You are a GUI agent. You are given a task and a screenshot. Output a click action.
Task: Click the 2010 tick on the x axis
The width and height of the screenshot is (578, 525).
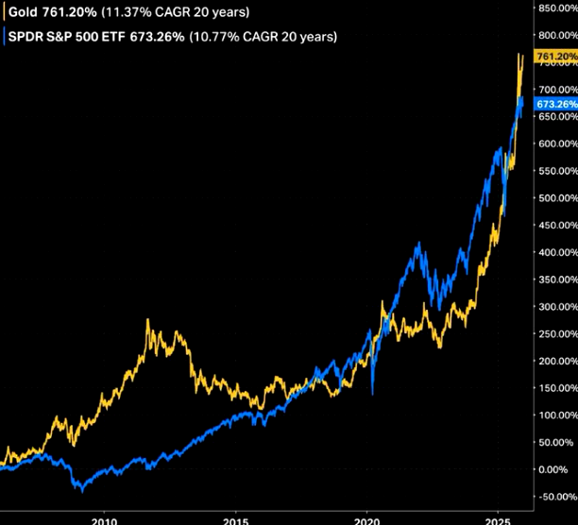pos(105,518)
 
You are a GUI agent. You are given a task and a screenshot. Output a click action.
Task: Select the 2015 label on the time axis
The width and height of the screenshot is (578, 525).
pos(236,518)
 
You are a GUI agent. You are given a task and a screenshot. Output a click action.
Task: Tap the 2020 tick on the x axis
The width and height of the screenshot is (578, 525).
pos(367,518)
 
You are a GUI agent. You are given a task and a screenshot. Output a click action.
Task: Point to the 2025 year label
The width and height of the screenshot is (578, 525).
pos(498,518)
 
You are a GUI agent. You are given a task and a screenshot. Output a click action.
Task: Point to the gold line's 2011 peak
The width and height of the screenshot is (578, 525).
pos(148,321)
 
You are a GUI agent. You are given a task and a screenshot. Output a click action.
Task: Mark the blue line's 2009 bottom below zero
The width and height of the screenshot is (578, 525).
pos(82,491)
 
